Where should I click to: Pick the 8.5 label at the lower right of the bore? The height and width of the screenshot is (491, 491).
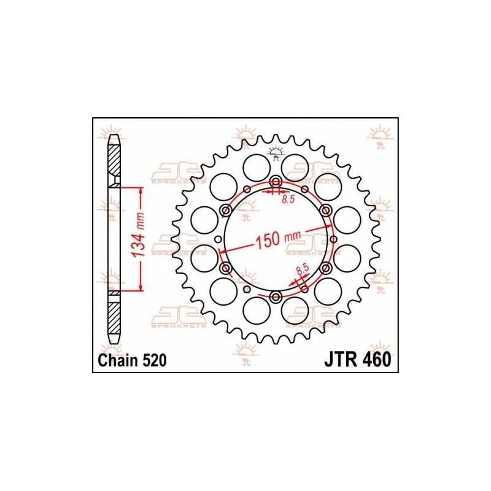click(301, 269)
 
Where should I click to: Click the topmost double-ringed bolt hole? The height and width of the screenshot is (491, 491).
click(276, 182)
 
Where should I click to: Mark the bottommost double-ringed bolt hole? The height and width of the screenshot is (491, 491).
click(276, 298)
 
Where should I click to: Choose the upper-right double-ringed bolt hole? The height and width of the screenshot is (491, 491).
click(326, 211)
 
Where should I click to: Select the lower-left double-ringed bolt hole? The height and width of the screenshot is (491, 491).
click(225, 269)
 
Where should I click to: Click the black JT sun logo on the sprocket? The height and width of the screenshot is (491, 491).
click(276, 151)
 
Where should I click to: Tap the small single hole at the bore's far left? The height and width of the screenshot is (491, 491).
click(218, 240)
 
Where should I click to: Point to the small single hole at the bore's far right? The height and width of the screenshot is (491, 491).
click(333, 239)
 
